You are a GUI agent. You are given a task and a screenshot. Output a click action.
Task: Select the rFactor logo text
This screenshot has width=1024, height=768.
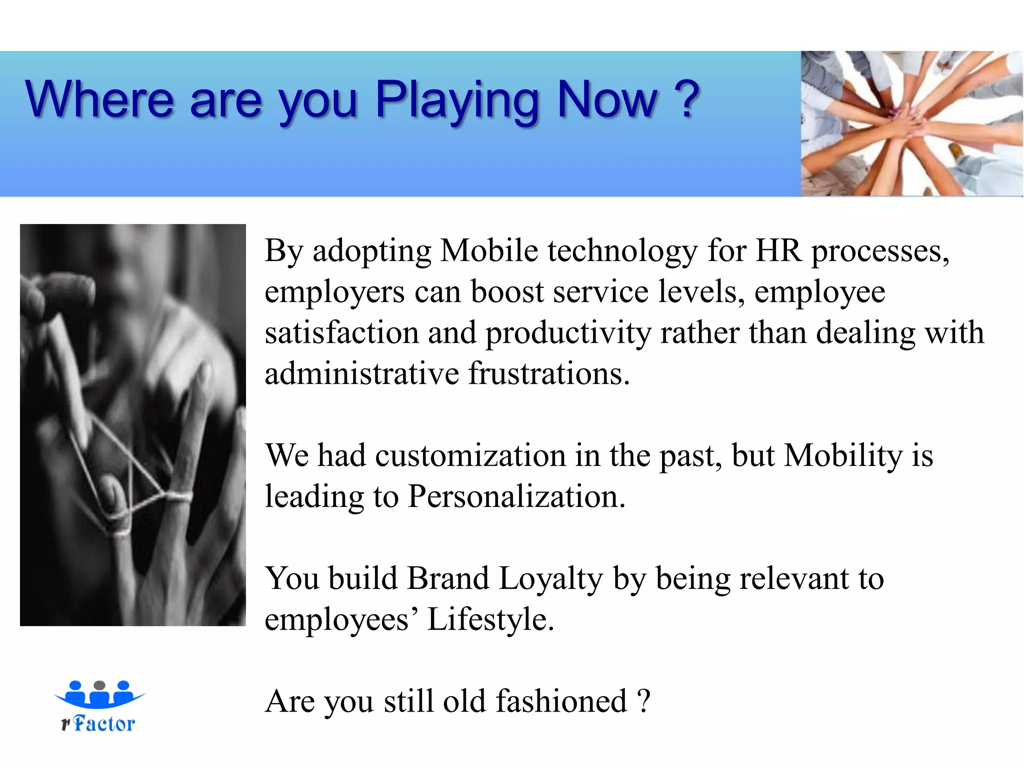(x=98, y=723)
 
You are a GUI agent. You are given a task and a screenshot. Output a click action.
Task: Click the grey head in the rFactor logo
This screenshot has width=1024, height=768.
(x=99, y=685)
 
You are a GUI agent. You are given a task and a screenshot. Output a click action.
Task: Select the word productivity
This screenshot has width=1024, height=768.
(x=568, y=333)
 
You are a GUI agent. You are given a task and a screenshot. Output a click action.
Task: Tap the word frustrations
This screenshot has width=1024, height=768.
(x=548, y=373)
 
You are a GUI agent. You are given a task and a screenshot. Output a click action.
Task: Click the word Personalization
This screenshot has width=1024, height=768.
(x=516, y=496)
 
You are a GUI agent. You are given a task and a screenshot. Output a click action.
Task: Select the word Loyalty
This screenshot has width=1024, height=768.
(x=550, y=578)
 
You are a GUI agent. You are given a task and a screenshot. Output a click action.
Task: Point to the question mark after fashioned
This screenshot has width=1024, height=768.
(x=644, y=701)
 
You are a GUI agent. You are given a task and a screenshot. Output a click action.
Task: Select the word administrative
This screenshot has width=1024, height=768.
(x=361, y=373)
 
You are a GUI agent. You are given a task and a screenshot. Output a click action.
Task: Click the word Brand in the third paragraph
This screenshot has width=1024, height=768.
(x=447, y=578)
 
